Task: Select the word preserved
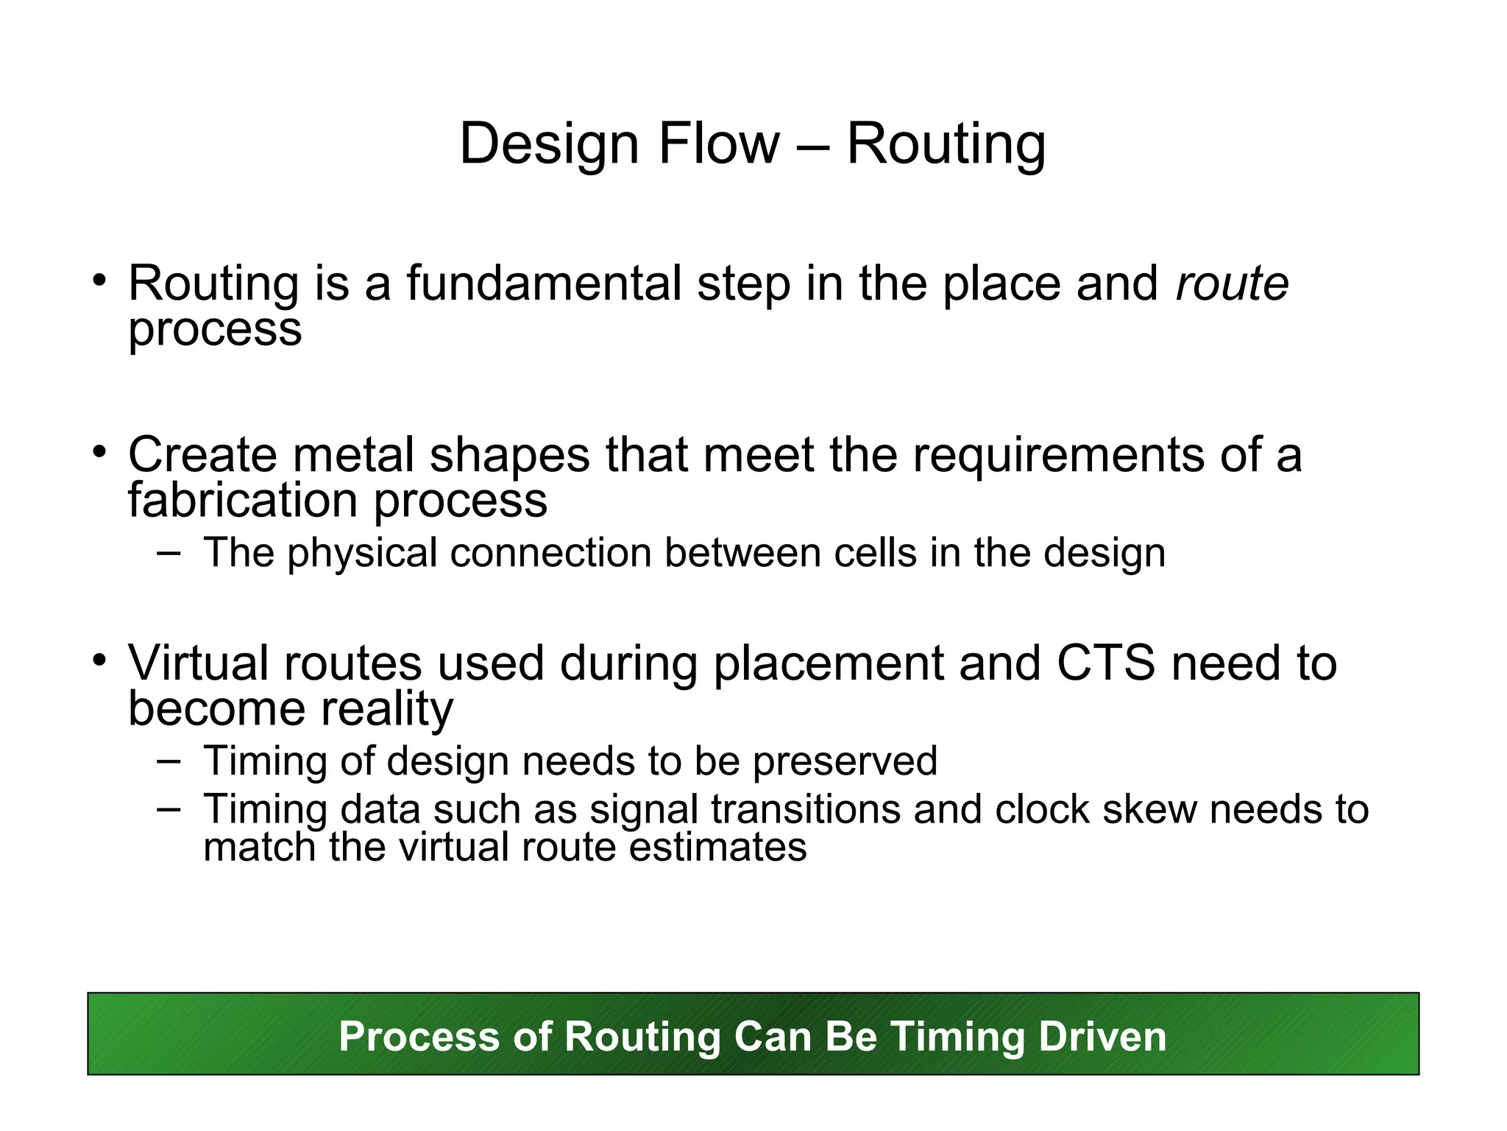pos(845,761)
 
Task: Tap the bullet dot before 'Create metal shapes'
pos(100,451)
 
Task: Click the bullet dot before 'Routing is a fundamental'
pos(100,280)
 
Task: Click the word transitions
pos(806,809)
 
